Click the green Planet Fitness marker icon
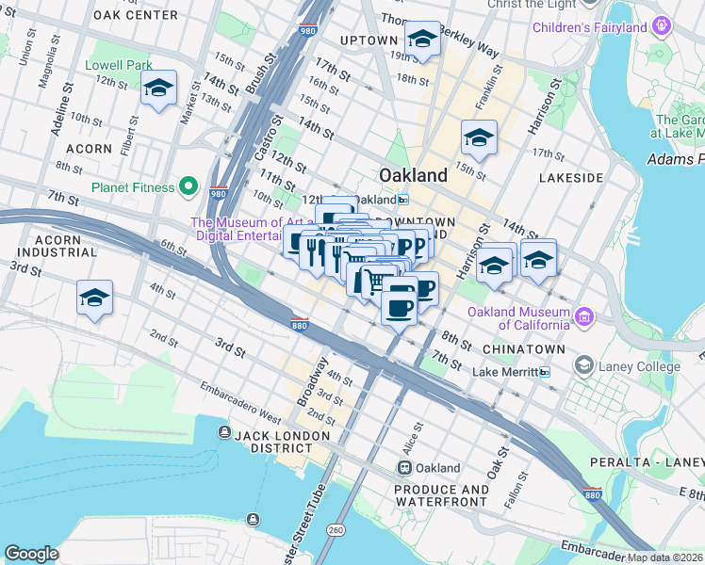189,186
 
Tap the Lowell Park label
119,65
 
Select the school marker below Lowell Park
158,89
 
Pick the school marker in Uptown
422,40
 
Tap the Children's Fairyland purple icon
664,26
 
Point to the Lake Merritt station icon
544,372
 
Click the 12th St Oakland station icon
403,200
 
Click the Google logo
31,554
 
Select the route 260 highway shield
336,530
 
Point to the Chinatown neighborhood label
523,349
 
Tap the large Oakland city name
412,175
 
